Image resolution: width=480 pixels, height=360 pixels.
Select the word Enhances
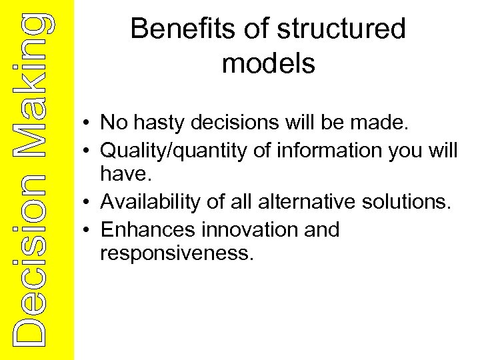(142, 229)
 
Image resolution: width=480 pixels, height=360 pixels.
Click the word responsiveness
(177, 253)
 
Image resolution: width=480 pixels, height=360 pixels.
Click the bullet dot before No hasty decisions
(87, 124)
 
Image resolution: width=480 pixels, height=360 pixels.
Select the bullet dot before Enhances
(87, 231)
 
